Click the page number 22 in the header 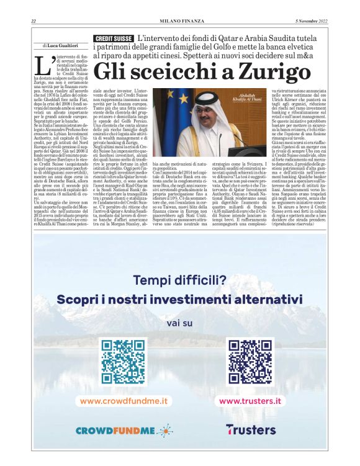[x=33, y=22]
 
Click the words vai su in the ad [x=179, y=323]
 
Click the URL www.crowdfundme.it [x=124, y=401]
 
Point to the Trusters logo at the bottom [x=251, y=429]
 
